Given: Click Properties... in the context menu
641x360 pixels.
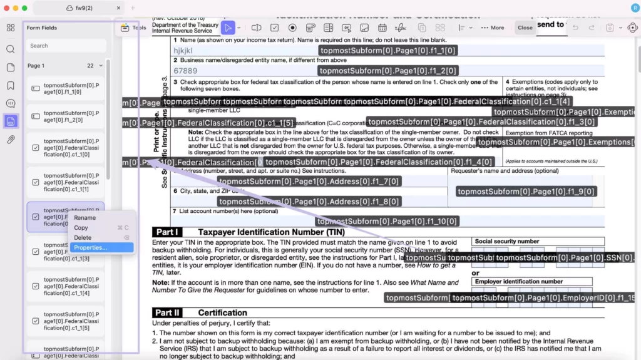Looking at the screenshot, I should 91,247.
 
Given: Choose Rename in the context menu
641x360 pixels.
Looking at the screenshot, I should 85,217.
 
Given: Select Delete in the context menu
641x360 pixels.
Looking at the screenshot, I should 83,237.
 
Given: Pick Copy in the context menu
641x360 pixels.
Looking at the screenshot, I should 81,227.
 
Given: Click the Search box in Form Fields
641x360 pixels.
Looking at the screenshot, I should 65,46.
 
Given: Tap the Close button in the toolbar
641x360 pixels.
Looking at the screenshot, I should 525,28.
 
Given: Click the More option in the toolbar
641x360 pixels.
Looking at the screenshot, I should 493,28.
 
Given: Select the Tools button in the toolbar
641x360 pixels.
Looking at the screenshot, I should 133,28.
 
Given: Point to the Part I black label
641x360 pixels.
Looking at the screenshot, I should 168,232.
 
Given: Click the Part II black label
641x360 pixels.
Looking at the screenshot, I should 168,312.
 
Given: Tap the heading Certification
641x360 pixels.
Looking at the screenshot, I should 222,312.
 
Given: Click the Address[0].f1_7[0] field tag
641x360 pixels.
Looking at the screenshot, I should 309,182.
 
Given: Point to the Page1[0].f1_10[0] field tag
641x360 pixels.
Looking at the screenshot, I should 387,221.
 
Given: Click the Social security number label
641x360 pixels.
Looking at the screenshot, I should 506,241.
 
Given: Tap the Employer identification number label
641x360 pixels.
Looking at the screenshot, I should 518,282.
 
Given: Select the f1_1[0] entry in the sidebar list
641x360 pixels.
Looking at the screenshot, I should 65,88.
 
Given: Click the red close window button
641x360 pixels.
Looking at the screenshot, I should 6,8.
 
